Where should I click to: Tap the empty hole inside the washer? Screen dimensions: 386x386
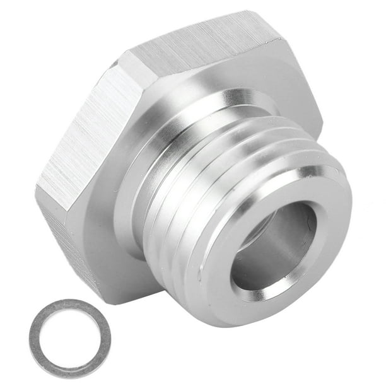point(69,338)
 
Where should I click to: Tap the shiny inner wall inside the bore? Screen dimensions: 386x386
point(296,240)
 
